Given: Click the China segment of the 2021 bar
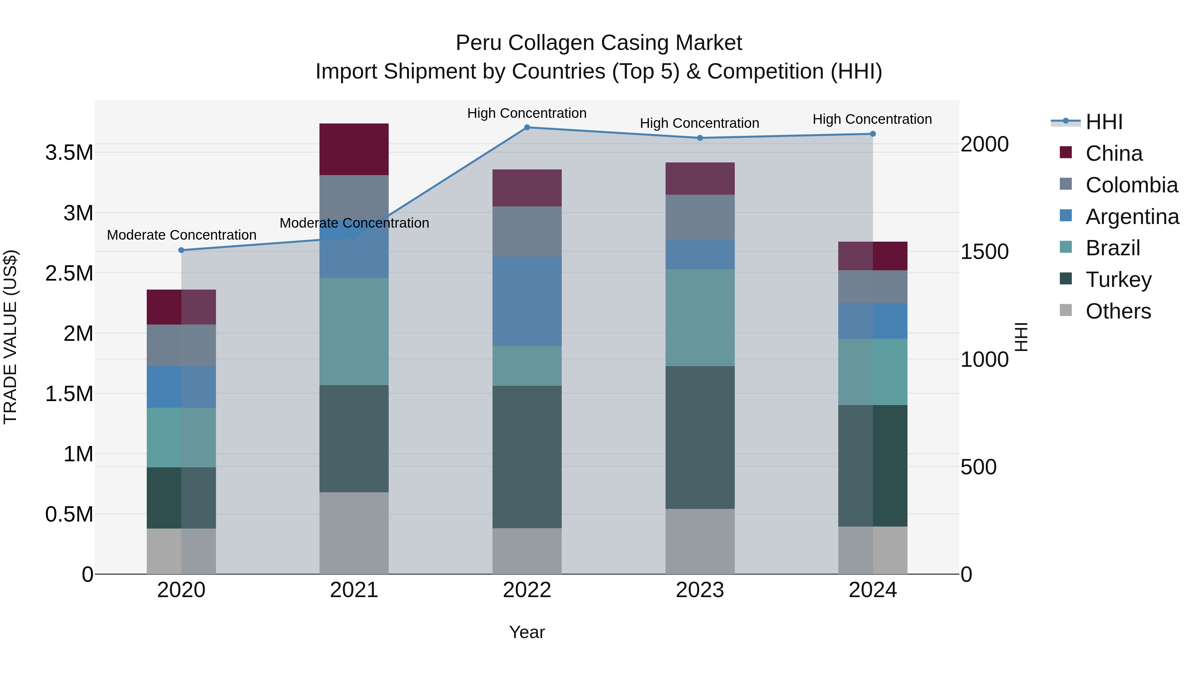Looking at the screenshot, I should pyautogui.click(x=354, y=149).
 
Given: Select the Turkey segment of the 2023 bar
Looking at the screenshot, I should pyautogui.click(x=700, y=437).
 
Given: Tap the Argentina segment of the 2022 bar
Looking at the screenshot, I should pyautogui.click(x=527, y=302).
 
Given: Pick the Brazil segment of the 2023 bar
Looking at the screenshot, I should pyautogui.click(x=700, y=318).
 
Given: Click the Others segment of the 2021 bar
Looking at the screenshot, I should pyautogui.click(x=354, y=533).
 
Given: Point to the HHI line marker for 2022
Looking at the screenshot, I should pyautogui.click(x=527, y=127).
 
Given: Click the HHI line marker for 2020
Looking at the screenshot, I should pyautogui.click(x=181, y=250).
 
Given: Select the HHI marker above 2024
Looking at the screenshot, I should pyautogui.click(x=873, y=134).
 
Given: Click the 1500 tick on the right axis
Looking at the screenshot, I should pyautogui.click(x=985, y=252).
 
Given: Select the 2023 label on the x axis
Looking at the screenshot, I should pyautogui.click(x=700, y=590).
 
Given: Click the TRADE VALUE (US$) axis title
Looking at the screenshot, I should pyautogui.click(x=10, y=337).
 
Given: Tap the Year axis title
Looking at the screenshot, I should pyautogui.click(x=527, y=632).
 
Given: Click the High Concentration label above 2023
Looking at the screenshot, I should pyautogui.click(x=699, y=123).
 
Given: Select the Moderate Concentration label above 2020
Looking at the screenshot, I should pyautogui.click(x=181, y=235).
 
